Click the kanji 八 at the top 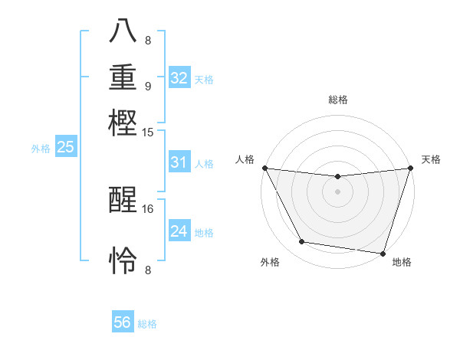123,31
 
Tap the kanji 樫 123,123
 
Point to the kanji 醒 123,201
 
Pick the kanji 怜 123,260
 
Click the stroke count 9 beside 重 148,86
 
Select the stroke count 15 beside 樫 149,133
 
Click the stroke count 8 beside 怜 148,270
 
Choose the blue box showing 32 179,78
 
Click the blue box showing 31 179,162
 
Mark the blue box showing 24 179,231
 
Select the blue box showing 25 65,147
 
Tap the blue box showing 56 123,323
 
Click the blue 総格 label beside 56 147,324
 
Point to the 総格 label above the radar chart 337,100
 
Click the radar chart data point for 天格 411,168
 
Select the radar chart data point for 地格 383,253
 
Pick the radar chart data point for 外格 302,242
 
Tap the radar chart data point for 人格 264,168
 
